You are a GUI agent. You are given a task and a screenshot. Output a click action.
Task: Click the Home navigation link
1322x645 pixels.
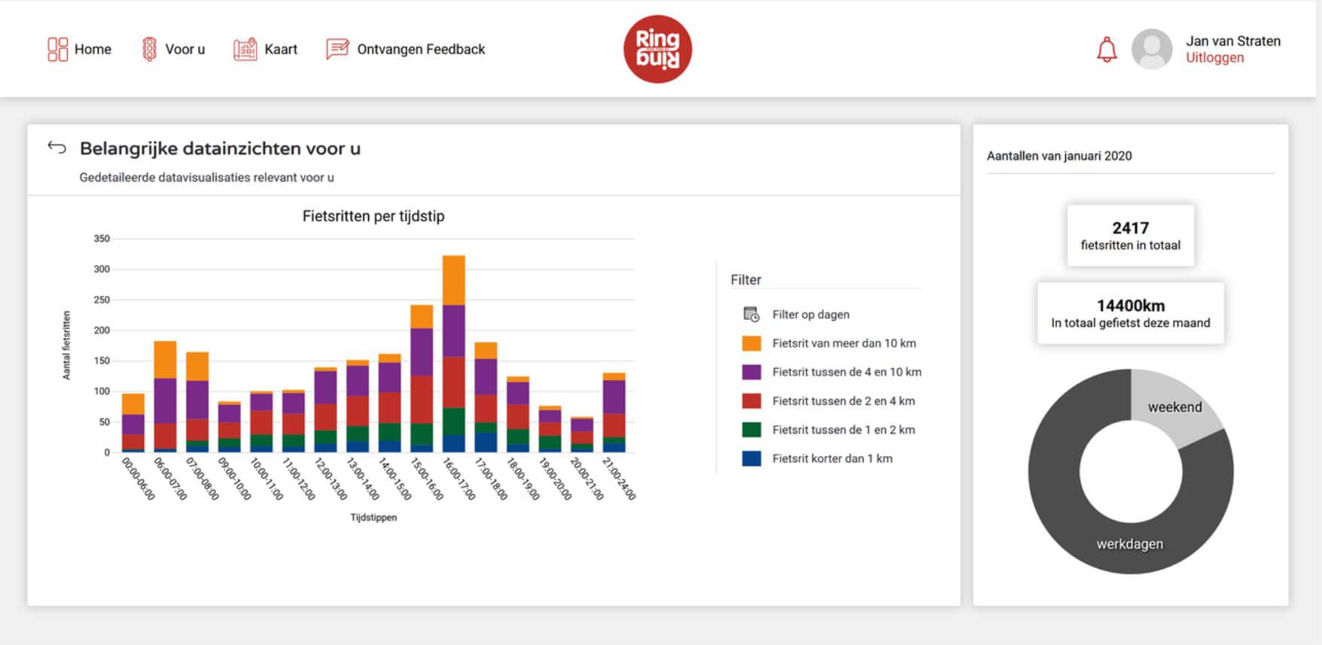pyautogui.click(x=80, y=50)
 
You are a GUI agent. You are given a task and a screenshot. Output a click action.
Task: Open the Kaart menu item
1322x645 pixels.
pyautogui.click(x=266, y=50)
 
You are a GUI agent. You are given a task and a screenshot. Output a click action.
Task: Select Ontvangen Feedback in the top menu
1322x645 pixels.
pyautogui.click(x=406, y=50)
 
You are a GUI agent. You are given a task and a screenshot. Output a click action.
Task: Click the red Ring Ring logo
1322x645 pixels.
pyautogui.click(x=657, y=49)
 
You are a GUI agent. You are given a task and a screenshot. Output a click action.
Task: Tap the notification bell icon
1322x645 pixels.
pyautogui.click(x=1106, y=50)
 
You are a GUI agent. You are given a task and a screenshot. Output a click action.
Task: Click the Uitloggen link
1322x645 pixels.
pyautogui.click(x=1214, y=58)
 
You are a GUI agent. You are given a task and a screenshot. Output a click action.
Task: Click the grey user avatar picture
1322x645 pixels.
pyautogui.click(x=1151, y=50)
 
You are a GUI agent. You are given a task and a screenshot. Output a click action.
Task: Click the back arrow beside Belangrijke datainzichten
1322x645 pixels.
pyautogui.click(x=57, y=148)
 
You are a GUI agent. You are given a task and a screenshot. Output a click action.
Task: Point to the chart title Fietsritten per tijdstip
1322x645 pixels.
pyautogui.click(x=373, y=216)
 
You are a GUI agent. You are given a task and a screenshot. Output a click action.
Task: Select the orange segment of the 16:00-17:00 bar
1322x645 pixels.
pyautogui.click(x=453, y=280)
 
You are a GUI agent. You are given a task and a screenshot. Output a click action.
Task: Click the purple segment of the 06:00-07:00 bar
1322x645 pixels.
pyautogui.click(x=165, y=400)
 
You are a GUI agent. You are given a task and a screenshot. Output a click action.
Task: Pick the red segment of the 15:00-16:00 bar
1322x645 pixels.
pyautogui.click(x=422, y=399)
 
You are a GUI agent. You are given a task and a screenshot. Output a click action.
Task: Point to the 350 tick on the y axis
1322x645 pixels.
pyautogui.click(x=102, y=239)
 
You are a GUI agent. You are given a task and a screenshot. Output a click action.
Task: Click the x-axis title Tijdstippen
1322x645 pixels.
pyautogui.click(x=373, y=518)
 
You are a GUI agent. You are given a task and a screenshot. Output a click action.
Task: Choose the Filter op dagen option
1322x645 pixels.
pyautogui.click(x=810, y=315)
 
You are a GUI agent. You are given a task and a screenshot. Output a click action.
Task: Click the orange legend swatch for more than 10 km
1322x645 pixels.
pyautogui.click(x=751, y=343)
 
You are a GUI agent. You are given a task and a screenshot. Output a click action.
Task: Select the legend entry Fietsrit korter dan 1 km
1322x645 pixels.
pyautogui.click(x=832, y=458)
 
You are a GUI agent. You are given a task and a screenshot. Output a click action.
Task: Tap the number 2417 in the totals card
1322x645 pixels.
pyautogui.click(x=1130, y=228)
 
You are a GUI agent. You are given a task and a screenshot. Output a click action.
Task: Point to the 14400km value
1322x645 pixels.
pyautogui.click(x=1130, y=306)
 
